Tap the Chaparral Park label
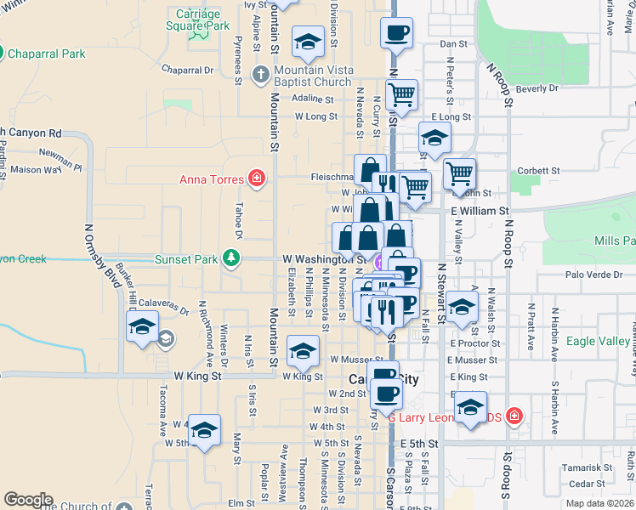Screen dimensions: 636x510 click(x=47, y=54)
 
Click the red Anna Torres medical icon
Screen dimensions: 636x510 click(x=255, y=178)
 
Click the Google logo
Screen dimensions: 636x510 click(x=28, y=500)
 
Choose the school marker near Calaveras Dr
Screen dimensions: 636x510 click(x=143, y=327)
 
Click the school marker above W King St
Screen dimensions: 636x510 click(x=303, y=350)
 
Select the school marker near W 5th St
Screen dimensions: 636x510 click(x=204, y=430)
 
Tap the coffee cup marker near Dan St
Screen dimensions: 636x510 click(x=397, y=34)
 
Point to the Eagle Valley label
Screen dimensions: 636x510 click(x=600, y=342)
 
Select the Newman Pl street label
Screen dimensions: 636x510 click(x=60, y=160)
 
